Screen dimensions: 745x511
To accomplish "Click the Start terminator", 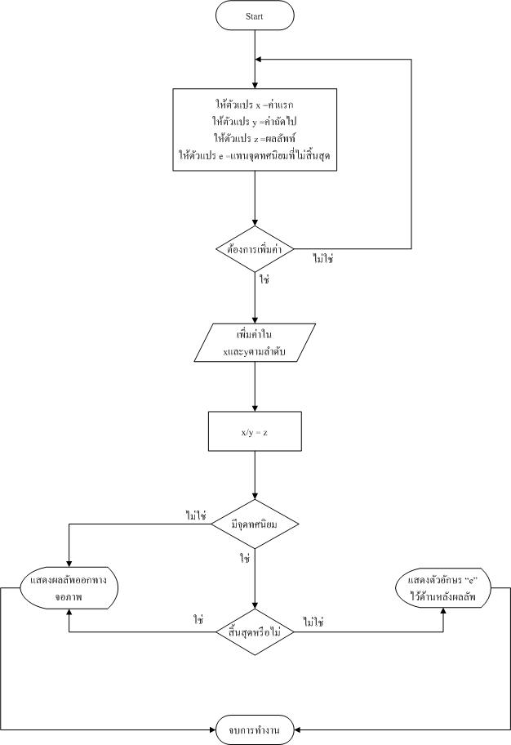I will click(x=255, y=16).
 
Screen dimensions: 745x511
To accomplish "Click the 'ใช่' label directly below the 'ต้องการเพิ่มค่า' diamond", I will click(x=264, y=279).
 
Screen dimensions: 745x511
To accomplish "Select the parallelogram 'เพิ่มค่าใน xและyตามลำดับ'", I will click(x=255, y=343).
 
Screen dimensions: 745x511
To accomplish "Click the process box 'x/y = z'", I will click(x=255, y=431).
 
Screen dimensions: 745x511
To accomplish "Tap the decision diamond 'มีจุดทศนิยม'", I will click(x=255, y=524).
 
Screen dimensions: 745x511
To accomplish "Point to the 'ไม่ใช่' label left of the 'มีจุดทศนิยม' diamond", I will click(x=197, y=515).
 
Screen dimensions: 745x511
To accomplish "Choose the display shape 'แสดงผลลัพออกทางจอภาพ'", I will click(x=69, y=587).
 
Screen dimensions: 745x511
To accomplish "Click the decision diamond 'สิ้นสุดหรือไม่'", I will click(x=255, y=631).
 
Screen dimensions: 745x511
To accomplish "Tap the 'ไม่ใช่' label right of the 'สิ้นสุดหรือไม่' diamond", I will click(x=313, y=621).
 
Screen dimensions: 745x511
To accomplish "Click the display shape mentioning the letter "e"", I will click(x=445, y=588).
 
